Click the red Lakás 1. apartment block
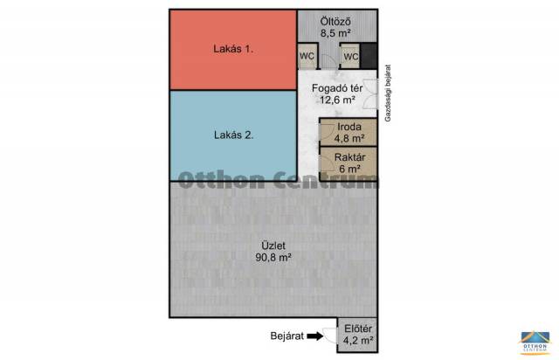233,50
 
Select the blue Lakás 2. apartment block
233,135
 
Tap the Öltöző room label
335,21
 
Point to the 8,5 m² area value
335,33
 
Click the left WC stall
307,56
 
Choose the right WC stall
350,57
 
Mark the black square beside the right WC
369,56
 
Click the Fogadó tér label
337,88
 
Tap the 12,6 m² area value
337,100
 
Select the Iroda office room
349,132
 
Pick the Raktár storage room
349,163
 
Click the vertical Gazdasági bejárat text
388,93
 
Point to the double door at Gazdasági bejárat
370,93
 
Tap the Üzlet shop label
273,246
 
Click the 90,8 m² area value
273,257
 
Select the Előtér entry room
357,335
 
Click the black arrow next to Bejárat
315,336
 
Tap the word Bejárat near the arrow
287,336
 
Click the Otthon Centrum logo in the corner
534,343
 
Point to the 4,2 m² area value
358,341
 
